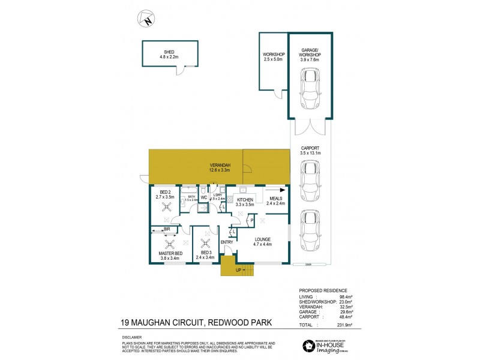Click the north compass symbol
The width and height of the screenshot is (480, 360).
click(146, 19)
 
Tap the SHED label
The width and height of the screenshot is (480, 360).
click(169, 52)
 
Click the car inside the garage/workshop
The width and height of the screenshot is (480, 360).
click(310, 89)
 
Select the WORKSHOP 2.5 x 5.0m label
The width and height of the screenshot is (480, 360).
click(273, 57)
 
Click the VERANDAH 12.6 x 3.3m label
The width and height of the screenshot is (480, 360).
click(220, 167)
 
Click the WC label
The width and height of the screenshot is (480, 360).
click(203, 197)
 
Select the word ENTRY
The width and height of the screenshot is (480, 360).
click(227, 242)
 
